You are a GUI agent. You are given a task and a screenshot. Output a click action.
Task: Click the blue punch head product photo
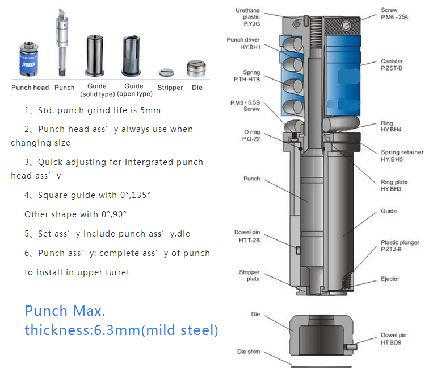click(x=29, y=59)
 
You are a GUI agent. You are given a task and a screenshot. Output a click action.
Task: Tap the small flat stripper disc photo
click(x=166, y=73)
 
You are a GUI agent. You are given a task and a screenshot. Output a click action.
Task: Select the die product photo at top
click(x=196, y=68)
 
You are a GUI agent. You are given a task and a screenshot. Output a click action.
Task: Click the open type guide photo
click(x=132, y=56)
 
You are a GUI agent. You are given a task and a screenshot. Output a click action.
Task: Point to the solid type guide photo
click(x=95, y=56)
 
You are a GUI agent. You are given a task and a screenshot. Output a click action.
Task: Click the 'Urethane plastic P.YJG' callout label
click(x=247, y=17)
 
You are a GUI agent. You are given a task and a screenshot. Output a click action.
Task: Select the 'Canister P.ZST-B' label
click(x=392, y=64)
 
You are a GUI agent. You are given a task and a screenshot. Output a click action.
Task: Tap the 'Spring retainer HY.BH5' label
click(x=402, y=156)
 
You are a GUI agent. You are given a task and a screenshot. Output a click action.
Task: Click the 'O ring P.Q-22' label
click(x=251, y=135)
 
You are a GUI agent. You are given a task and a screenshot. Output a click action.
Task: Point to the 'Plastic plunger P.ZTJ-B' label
click(x=400, y=246)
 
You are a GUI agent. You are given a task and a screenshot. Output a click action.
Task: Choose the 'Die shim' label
click(x=249, y=352)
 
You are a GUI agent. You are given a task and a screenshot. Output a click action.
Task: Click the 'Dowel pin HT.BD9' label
click(x=393, y=339)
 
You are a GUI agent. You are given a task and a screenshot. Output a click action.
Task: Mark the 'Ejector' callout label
click(x=390, y=279)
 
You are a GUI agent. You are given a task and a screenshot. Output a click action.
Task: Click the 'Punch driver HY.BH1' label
click(x=243, y=43)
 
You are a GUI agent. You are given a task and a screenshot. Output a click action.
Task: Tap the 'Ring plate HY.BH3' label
click(x=394, y=185)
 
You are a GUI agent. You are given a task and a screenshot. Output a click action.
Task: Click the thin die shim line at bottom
click(x=321, y=367)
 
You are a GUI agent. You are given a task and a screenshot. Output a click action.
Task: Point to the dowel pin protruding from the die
click(x=351, y=346)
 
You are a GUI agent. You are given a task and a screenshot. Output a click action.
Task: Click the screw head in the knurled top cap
click(x=346, y=26)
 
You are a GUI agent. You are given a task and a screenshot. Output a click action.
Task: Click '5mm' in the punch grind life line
click(x=150, y=110)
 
